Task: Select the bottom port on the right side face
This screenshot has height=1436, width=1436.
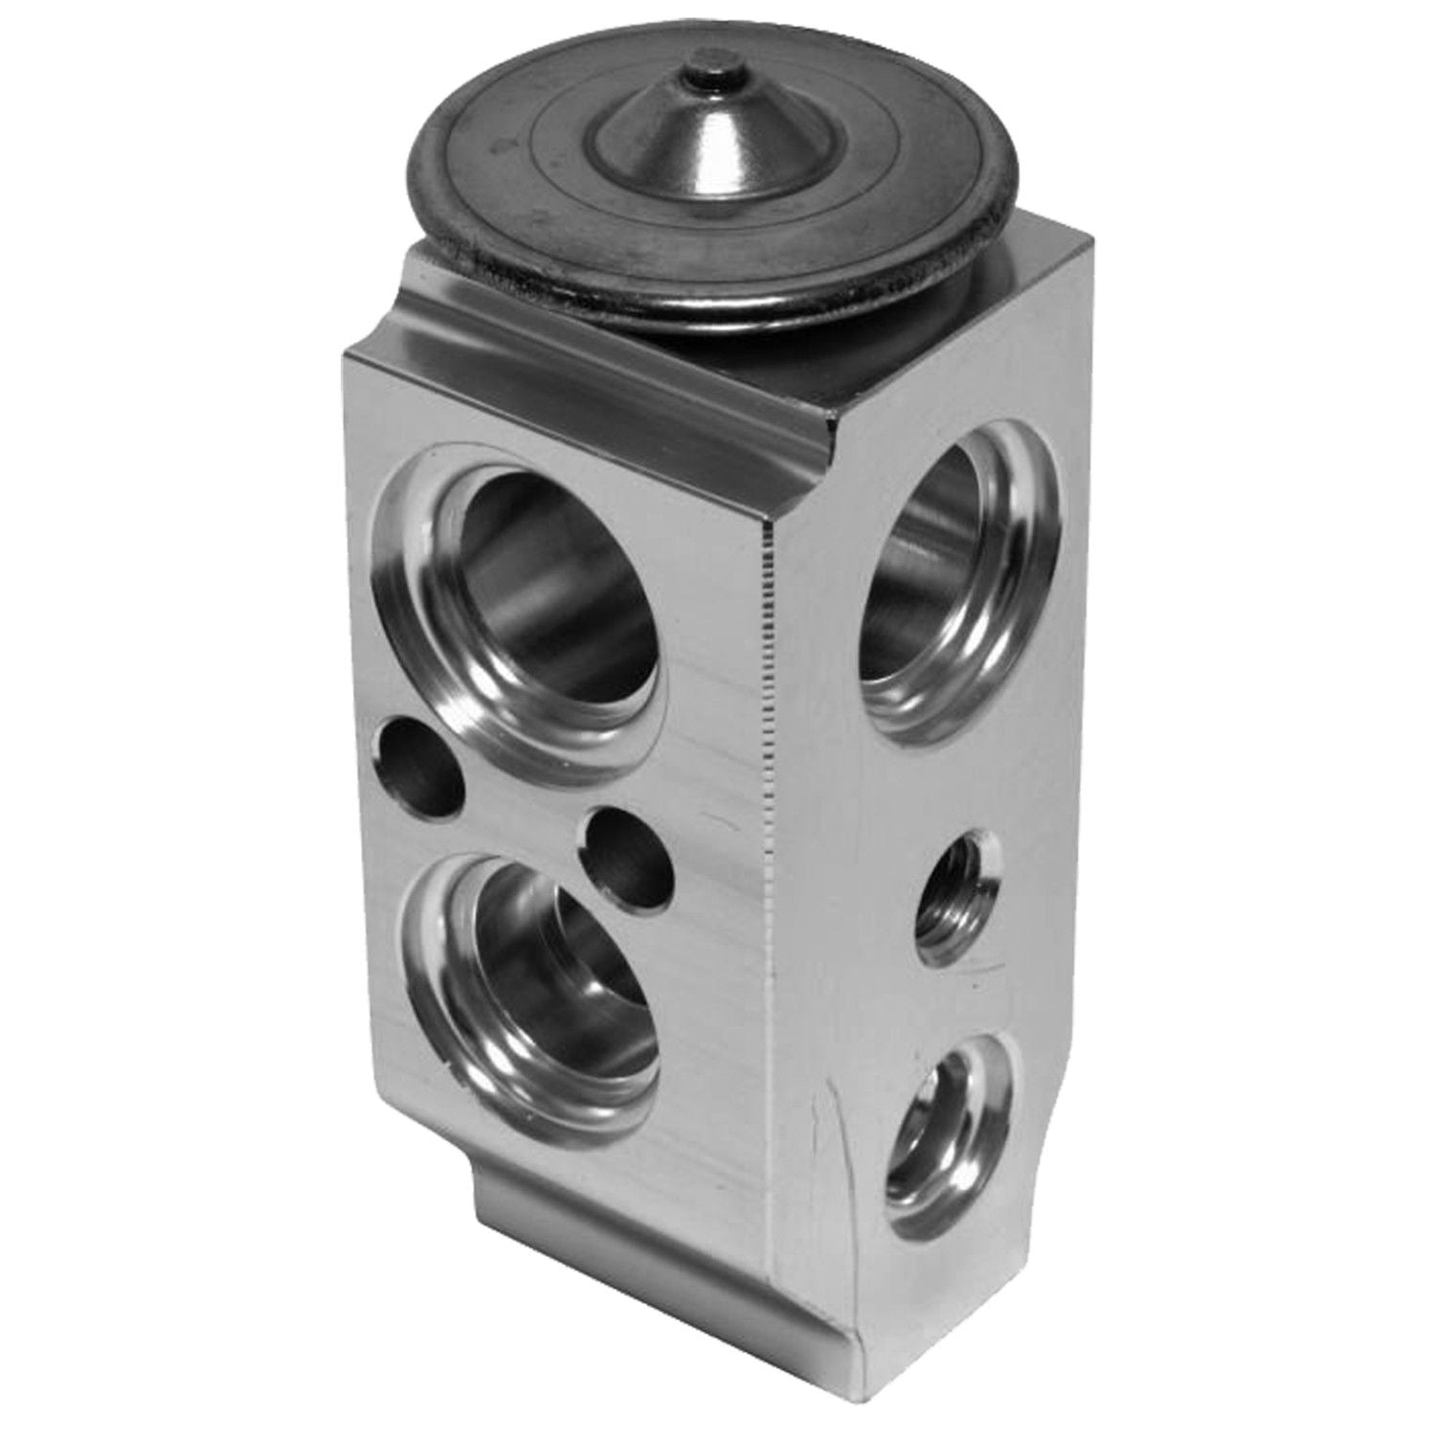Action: [x=948, y=1120]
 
